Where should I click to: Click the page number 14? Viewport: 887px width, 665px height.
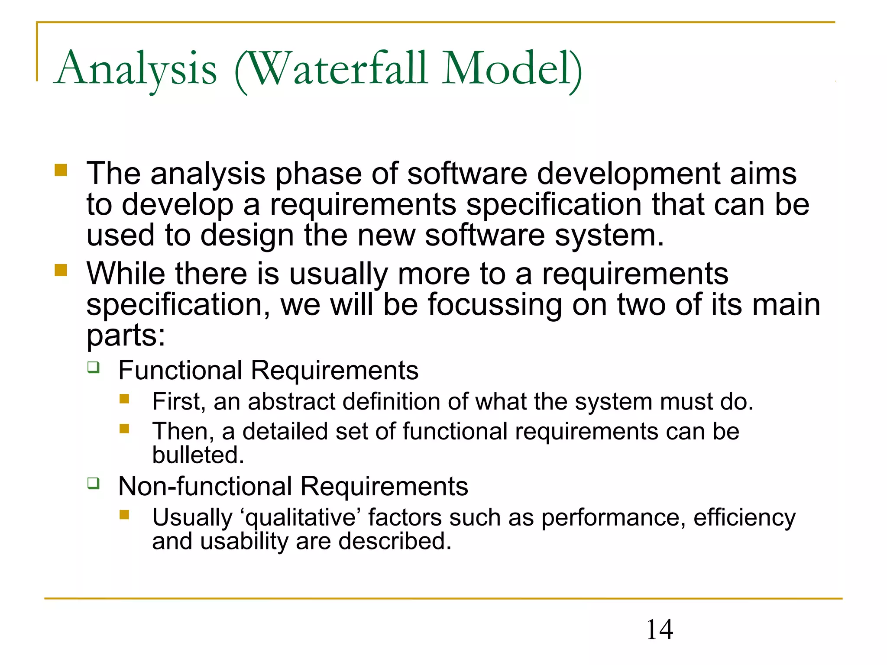659,629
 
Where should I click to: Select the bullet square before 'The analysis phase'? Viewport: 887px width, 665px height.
61,170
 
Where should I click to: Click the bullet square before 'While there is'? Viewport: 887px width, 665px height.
61,270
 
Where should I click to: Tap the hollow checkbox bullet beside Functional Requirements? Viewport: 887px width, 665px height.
93,368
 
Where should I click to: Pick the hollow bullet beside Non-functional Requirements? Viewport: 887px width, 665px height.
93,483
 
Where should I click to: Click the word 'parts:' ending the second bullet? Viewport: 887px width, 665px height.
126,336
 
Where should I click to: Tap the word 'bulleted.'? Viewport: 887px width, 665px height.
198,455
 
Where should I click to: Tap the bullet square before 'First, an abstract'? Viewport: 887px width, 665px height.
125,399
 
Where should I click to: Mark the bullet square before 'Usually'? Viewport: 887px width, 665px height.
125,514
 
